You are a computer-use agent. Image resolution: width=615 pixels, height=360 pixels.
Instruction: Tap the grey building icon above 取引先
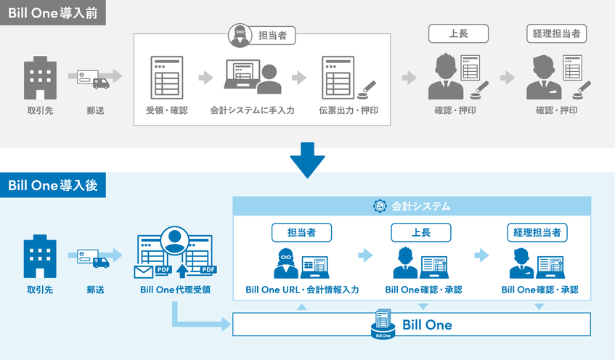pyautogui.click(x=40, y=78)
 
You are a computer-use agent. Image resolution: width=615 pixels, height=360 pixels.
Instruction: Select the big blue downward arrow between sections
pyautogui.click(x=308, y=160)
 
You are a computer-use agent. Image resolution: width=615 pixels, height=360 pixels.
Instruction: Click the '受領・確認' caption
pyautogui.click(x=167, y=111)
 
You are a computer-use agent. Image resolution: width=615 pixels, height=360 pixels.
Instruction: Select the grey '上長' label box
pyautogui.click(x=457, y=33)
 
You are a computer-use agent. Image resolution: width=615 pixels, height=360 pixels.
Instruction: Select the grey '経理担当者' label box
pyautogui.click(x=557, y=33)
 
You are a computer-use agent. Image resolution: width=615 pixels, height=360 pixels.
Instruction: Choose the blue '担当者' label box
pyautogui.click(x=301, y=232)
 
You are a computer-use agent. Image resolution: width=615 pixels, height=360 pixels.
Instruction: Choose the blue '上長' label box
pyautogui.click(x=421, y=232)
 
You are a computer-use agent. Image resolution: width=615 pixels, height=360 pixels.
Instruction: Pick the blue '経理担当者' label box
pyautogui.click(x=537, y=232)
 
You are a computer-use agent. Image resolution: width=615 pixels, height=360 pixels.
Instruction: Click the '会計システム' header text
pyautogui.click(x=420, y=207)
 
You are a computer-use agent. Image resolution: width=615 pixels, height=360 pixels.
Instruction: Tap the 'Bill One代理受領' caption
pyautogui.click(x=175, y=290)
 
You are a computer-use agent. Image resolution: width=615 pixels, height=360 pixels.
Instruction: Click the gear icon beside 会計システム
pyautogui.click(x=379, y=207)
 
